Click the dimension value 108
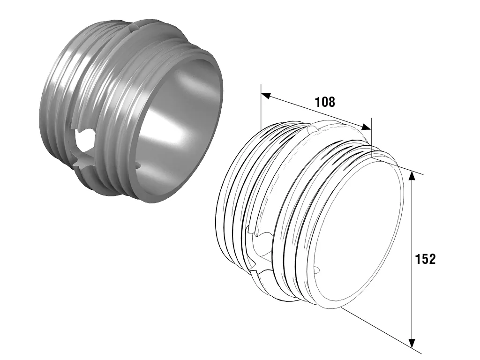(325, 102)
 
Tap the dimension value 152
(425, 259)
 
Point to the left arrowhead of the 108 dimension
(266, 96)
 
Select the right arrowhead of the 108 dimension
(366, 127)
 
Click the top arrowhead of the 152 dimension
(412, 176)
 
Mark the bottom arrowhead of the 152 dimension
(412, 343)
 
